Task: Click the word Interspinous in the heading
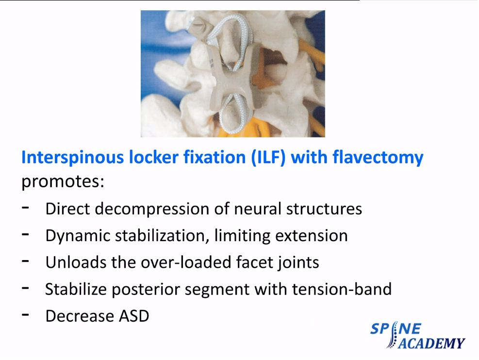click(72, 158)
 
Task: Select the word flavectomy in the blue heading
click(378, 158)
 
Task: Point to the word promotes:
click(63, 182)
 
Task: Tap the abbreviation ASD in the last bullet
click(134, 316)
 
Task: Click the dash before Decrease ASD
click(25, 314)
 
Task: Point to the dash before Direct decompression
click(25, 208)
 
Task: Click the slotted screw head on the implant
click(199, 24)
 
